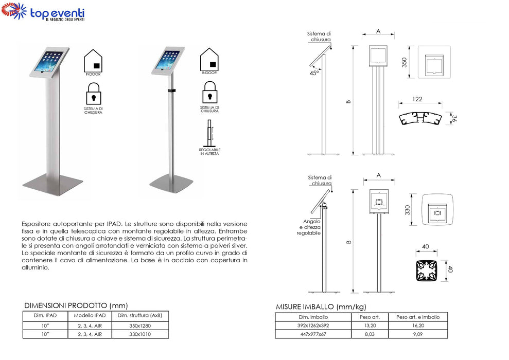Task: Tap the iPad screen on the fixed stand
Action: (49, 61)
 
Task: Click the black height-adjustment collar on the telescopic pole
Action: (171, 91)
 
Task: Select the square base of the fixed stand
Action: (52, 184)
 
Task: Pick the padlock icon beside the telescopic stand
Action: (209, 92)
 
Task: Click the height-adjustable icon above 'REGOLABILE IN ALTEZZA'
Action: (209, 133)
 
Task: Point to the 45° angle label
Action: (314, 73)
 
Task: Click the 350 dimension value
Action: (404, 62)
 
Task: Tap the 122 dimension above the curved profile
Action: (417, 99)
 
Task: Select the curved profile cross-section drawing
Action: (420, 119)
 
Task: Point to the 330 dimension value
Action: (408, 210)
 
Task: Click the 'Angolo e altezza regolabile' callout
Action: (309, 227)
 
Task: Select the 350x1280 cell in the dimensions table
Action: (140, 326)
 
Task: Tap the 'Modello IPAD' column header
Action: (90, 315)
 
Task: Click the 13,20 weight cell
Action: (370, 326)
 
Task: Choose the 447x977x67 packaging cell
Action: (313, 334)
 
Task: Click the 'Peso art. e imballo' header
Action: (418, 317)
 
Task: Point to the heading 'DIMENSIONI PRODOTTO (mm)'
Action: (76, 305)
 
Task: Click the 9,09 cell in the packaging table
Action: (418, 334)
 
